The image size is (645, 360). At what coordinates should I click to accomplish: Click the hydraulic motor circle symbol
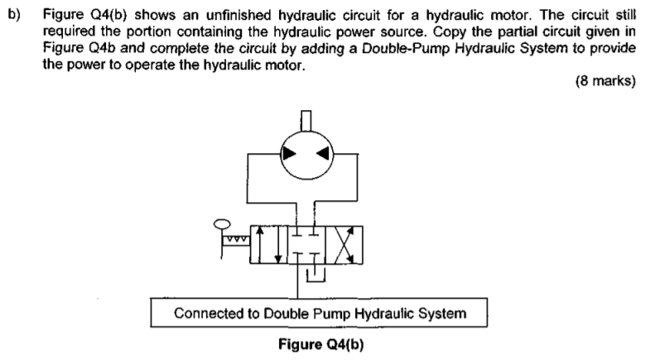point(281,155)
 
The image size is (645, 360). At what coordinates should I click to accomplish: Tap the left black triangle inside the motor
point(288,154)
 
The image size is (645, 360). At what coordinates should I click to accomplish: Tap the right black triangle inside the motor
point(323,153)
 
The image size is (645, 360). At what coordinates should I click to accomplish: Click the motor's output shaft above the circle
point(306,120)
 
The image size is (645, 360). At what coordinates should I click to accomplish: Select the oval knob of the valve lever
point(222,224)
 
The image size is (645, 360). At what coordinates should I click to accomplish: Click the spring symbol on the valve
point(236,238)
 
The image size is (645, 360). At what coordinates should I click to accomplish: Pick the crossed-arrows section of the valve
point(344,244)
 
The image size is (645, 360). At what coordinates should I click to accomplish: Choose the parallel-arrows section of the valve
point(268,244)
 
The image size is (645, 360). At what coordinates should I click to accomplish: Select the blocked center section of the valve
point(306,244)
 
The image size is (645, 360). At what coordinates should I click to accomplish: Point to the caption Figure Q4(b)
point(321,344)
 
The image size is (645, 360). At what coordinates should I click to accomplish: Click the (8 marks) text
point(605,80)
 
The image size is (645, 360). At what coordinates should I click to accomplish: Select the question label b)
point(14,15)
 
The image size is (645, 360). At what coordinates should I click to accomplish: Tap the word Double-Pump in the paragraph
point(407,49)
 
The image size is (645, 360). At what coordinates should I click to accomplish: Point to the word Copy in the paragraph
point(450,31)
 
